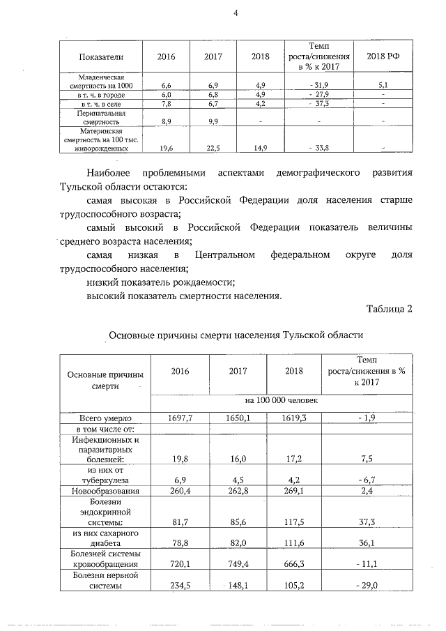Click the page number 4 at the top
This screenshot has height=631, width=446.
(236, 10)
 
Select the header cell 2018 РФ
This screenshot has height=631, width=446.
(383, 55)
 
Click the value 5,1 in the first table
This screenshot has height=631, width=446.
(383, 84)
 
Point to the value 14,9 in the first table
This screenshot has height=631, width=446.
(260, 147)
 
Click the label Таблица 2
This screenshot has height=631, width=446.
(390, 309)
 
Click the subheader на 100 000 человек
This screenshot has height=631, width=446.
(282, 401)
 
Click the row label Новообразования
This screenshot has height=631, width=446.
(105, 492)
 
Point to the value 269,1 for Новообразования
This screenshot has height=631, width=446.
(295, 492)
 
